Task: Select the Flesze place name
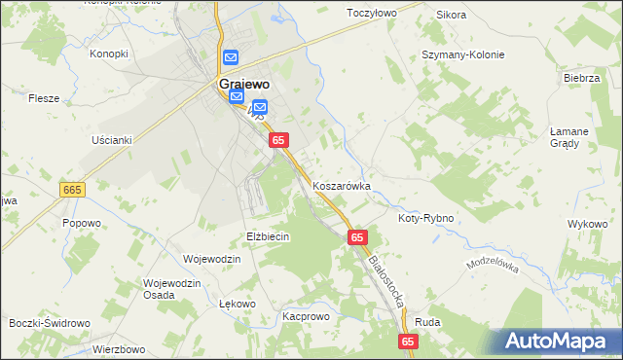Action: tap(44, 98)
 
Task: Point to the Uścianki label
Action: tap(111, 140)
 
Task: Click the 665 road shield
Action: tap(72, 190)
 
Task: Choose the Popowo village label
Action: tap(82, 223)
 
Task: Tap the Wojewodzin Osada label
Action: tap(171, 289)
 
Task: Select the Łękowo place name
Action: tap(237, 305)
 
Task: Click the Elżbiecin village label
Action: tap(268, 236)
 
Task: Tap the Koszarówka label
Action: tap(342, 185)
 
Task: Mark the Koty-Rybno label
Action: tap(425, 219)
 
